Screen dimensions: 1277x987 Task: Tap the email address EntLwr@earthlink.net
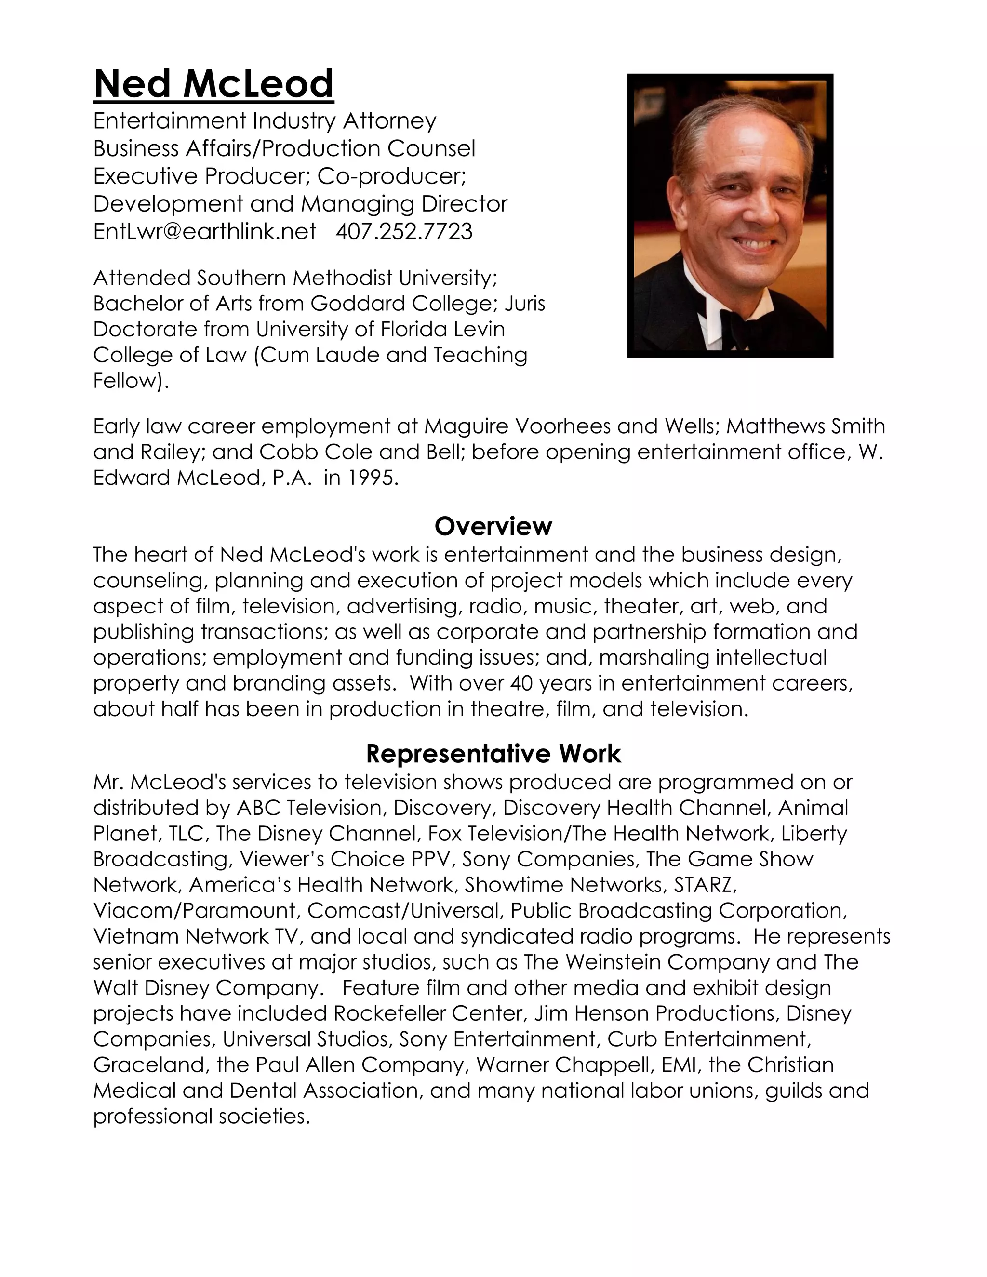(x=205, y=231)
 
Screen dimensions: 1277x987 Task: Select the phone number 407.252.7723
(x=404, y=231)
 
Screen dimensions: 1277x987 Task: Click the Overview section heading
(x=493, y=526)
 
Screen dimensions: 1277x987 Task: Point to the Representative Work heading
(x=493, y=754)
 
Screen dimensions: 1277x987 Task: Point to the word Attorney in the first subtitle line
(x=389, y=121)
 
